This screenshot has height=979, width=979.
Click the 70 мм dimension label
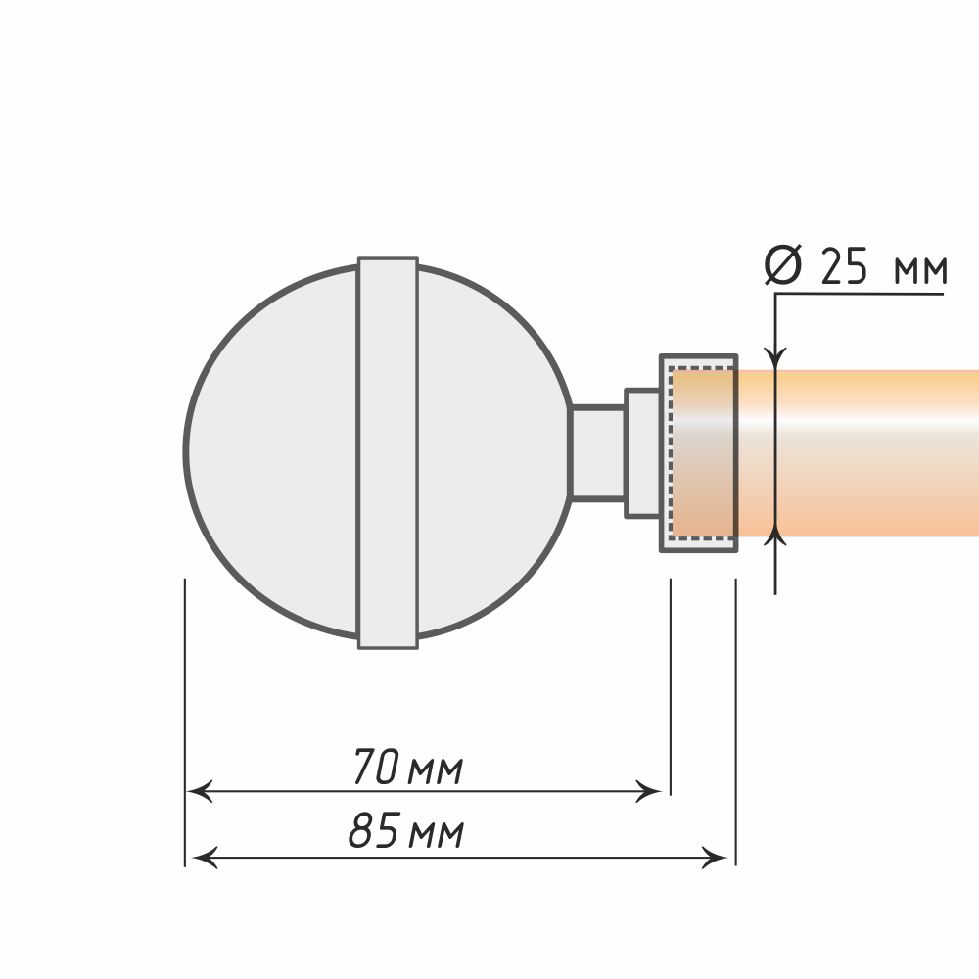407,767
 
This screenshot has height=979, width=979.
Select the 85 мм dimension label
406,830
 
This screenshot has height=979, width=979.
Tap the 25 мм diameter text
883,266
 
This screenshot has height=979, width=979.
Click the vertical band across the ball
388,453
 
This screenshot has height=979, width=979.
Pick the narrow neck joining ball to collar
598,453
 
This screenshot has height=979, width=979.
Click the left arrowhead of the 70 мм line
200,791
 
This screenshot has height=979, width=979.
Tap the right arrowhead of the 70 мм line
648,791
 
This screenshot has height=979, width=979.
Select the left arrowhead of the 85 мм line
205,858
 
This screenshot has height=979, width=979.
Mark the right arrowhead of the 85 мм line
715,858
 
